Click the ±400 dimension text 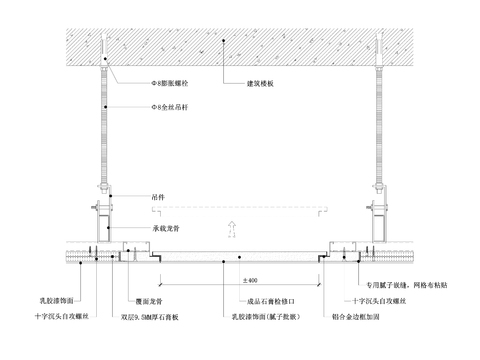(250, 280)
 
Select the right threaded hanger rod (382, 130)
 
